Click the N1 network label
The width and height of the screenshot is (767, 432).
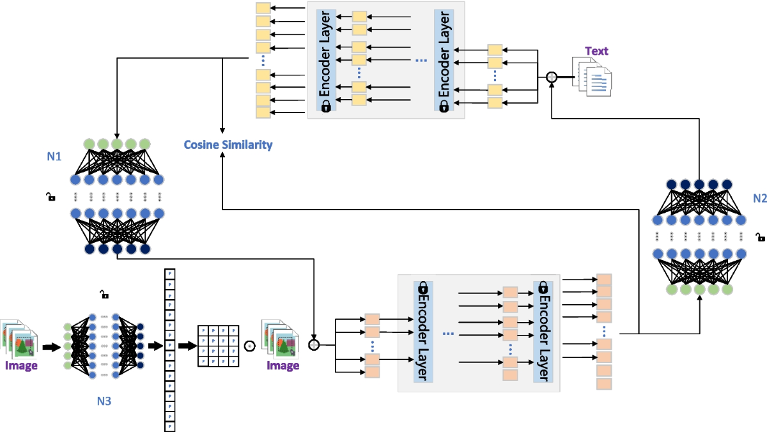(54, 155)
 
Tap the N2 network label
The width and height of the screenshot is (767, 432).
(759, 198)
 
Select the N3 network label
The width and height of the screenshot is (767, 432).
(104, 401)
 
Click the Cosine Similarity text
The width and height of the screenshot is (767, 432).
(228, 145)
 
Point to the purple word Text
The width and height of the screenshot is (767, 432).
(596, 51)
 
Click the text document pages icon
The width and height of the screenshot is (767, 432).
(591, 75)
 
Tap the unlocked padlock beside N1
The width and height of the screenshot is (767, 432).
(50, 197)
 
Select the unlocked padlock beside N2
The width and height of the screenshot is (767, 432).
(760, 237)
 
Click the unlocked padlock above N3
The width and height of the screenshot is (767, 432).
(104, 295)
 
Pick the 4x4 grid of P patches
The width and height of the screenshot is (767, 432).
(220, 346)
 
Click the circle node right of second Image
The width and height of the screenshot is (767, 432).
(314, 345)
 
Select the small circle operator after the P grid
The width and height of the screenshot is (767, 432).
(250, 346)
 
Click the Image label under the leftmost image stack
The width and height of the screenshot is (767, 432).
(22, 366)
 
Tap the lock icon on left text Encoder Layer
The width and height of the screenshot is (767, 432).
(325, 106)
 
